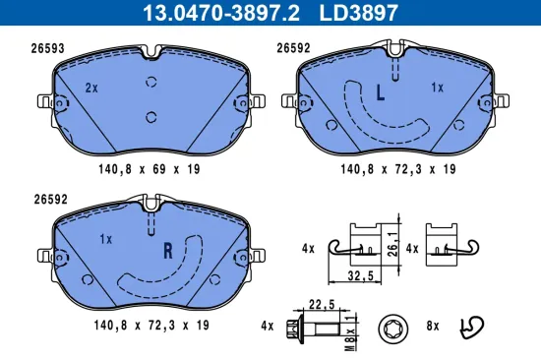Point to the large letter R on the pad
click(167, 249)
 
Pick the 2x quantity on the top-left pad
click(91, 89)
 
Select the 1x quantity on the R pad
click(106, 239)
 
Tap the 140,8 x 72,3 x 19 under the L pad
click(396, 168)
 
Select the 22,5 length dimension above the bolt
click(324, 303)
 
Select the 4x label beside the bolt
click(268, 324)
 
